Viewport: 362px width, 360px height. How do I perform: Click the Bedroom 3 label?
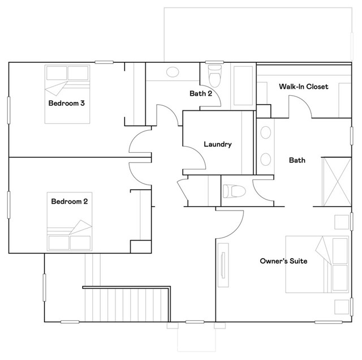(x=67, y=103)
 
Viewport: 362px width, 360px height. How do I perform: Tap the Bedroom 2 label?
(x=70, y=201)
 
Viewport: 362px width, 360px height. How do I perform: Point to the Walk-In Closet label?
(x=304, y=87)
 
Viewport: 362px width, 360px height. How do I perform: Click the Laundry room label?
(x=218, y=144)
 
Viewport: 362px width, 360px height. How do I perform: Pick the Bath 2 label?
(x=200, y=93)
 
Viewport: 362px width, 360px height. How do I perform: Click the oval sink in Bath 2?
(x=172, y=72)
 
